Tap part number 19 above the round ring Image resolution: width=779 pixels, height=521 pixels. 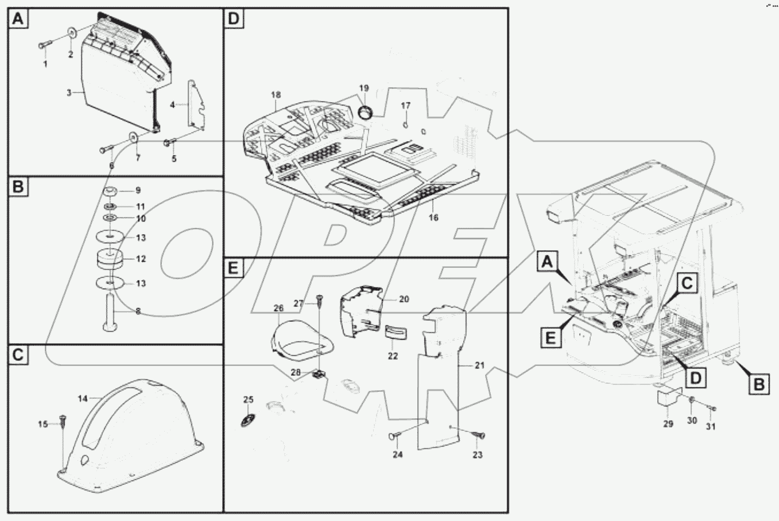(364, 88)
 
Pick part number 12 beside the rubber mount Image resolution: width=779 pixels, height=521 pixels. (141, 259)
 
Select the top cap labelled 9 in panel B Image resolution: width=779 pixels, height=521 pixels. (111, 190)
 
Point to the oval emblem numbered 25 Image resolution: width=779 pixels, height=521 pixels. (248, 420)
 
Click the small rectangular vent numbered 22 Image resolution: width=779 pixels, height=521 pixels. (394, 333)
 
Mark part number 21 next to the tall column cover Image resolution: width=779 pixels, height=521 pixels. (480, 364)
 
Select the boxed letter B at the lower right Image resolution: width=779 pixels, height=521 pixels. (759, 385)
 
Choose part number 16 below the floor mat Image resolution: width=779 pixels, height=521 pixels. (433, 217)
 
